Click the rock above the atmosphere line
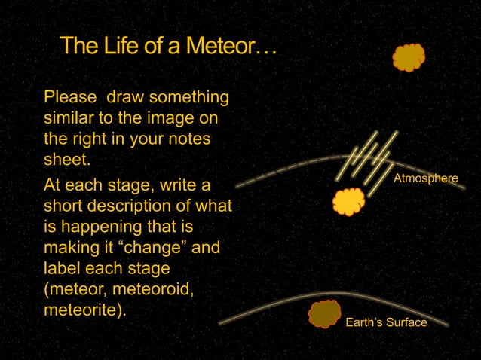click(x=409, y=58)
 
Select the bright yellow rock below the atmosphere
click(x=349, y=202)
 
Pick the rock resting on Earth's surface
click(x=324, y=313)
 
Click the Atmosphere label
click(x=425, y=178)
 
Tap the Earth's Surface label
click(x=385, y=322)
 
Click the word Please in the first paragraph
click(x=70, y=98)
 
